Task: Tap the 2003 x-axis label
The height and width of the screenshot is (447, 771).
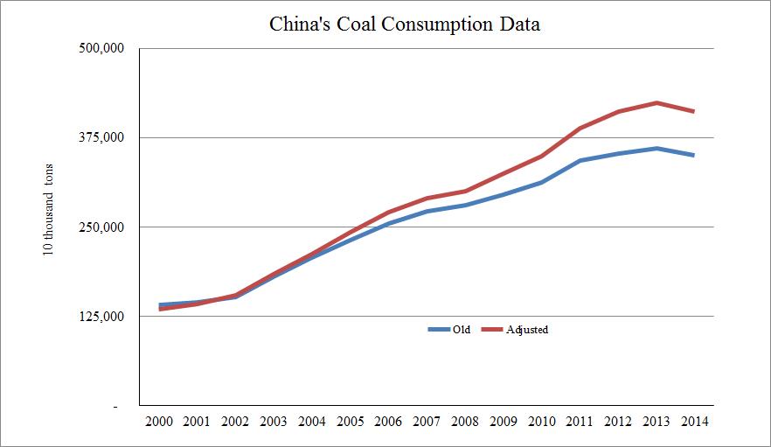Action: (x=274, y=421)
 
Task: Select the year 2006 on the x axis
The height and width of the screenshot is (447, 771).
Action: (x=388, y=421)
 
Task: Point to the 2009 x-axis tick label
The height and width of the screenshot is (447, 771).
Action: (x=504, y=421)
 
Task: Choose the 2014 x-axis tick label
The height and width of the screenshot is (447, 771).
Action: (x=694, y=421)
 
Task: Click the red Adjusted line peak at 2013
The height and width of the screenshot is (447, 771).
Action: (x=656, y=102)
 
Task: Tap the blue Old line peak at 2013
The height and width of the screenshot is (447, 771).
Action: (x=656, y=148)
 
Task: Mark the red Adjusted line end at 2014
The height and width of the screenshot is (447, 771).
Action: (x=694, y=111)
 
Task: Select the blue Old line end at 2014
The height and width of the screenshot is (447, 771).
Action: (x=694, y=156)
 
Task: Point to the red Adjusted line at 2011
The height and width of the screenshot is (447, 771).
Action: (x=580, y=129)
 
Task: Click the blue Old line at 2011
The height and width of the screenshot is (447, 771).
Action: (x=580, y=161)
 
